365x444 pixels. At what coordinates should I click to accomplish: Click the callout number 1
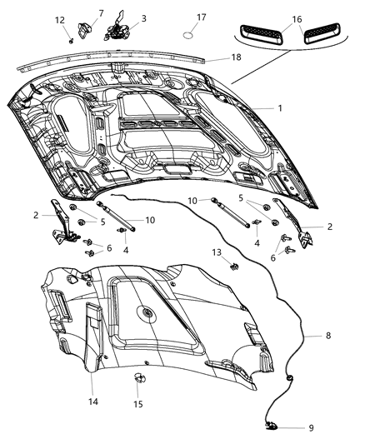point(280,108)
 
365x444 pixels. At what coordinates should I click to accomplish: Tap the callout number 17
point(201,17)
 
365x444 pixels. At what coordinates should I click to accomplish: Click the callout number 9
point(311,428)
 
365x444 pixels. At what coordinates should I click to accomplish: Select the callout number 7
point(101,12)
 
